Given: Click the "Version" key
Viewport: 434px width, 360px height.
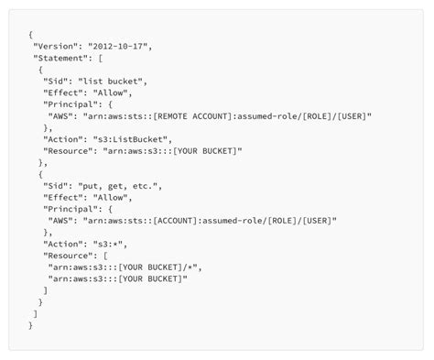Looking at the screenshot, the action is coord(57,45).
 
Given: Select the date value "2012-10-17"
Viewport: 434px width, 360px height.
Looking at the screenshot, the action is coord(119,45).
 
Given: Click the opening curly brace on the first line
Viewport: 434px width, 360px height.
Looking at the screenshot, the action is coord(31,34).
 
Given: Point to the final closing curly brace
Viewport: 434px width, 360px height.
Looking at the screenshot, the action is coord(31,325).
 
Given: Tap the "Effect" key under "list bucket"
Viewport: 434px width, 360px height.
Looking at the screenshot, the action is coord(62,93).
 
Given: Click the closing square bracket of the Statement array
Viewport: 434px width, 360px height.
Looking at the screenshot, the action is coord(36,313).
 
